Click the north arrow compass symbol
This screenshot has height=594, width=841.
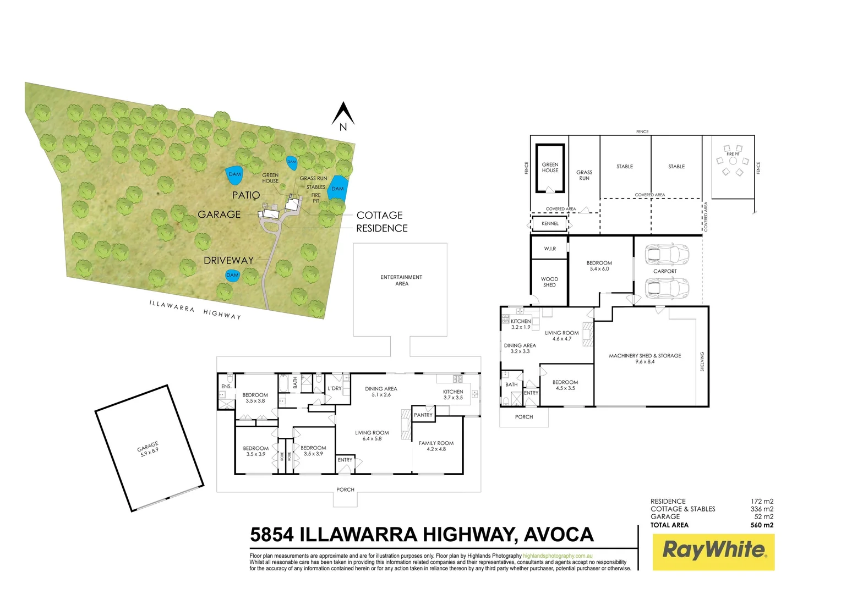(x=343, y=116)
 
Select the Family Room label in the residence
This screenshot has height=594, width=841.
(x=436, y=446)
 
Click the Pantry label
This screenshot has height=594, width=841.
(x=423, y=415)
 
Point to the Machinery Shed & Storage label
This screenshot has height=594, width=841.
(x=645, y=359)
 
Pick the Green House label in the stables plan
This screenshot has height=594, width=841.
(x=550, y=167)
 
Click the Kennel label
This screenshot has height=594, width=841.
(x=550, y=224)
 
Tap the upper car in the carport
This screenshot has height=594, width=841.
(x=667, y=254)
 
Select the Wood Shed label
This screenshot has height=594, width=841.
(x=549, y=282)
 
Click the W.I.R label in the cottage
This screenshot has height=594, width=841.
(x=550, y=249)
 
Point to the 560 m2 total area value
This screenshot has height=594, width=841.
(x=762, y=525)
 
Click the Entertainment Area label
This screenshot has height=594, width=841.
(x=401, y=280)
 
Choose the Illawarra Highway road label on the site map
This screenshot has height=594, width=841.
(x=195, y=310)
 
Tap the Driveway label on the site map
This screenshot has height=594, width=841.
(x=228, y=260)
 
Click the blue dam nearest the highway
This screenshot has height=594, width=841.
(x=232, y=275)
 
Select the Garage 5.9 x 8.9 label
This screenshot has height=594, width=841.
(x=149, y=449)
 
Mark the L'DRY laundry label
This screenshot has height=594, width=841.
(x=335, y=388)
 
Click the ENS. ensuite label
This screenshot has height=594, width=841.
(x=226, y=387)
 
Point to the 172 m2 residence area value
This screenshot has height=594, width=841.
(x=762, y=502)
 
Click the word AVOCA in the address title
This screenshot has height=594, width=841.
(x=559, y=535)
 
